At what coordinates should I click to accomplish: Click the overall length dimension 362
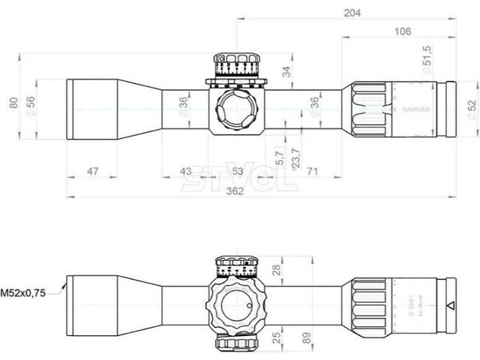tap(237, 190)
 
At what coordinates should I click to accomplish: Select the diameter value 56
tap(31, 103)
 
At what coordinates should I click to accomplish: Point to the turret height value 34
tap(286, 72)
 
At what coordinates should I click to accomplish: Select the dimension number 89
tap(307, 336)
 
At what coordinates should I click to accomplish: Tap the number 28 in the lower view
tap(275, 268)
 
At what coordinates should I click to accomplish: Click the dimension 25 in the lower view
tap(276, 335)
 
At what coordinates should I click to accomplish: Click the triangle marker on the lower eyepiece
tap(450, 306)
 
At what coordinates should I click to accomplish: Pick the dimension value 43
tap(187, 172)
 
